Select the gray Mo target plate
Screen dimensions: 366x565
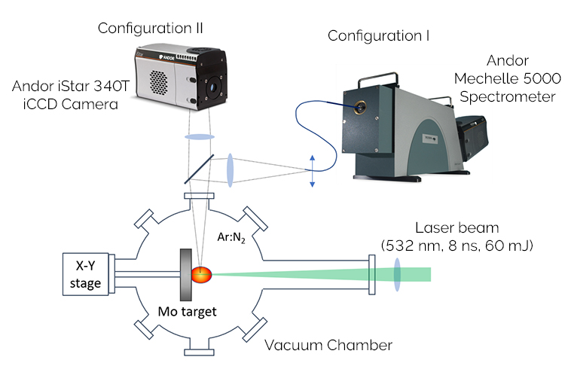point(184,275)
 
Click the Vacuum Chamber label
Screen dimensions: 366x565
point(328,346)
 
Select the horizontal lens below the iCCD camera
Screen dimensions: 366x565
point(199,138)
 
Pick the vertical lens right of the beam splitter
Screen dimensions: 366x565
point(231,169)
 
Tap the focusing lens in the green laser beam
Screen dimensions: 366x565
point(396,274)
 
